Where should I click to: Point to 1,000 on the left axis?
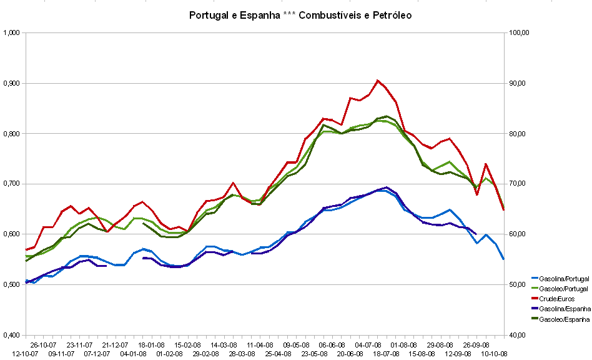tap(12, 32)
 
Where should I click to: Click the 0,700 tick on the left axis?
tap(12, 184)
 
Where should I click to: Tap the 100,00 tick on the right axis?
tap(520, 32)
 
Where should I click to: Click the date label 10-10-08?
tap(494, 353)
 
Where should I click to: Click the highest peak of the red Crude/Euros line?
tap(378, 80)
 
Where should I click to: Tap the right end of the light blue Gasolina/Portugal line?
tap(503, 259)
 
